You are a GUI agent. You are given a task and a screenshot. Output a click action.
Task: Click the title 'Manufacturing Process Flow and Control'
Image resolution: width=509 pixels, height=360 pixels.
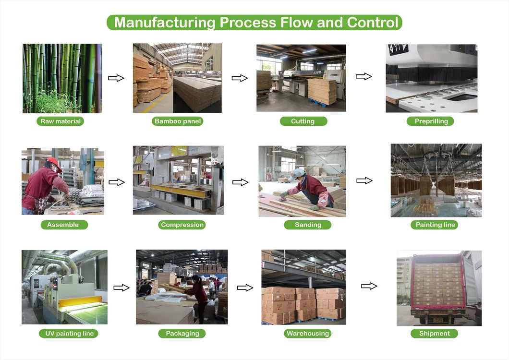(x=254, y=23)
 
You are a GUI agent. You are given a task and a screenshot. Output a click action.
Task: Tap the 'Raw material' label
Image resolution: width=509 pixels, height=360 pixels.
(x=61, y=121)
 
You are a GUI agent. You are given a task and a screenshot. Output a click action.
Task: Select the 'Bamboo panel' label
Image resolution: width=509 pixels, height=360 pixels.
(x=178, y=121)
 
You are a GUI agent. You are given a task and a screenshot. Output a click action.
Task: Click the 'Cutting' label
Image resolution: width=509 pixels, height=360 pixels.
(x=303, y=121)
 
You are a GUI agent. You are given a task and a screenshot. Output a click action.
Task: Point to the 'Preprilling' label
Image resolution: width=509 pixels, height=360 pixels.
(x=431, y=121)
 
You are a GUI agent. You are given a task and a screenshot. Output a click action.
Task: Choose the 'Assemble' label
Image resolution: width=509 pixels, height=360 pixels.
(x=63, y=225)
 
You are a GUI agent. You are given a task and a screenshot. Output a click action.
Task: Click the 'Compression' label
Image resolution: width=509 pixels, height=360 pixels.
(x=182, y=225)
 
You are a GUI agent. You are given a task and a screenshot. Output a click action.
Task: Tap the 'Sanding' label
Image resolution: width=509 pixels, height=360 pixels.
(x=308, y=225)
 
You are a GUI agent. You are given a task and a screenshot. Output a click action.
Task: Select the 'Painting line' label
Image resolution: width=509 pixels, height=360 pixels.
(x=435, y=225)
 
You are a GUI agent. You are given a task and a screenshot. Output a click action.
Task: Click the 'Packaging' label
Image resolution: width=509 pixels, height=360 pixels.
(x=182, y=333)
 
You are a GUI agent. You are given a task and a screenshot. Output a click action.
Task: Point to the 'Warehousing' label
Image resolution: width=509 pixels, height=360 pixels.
(x=307, y=333)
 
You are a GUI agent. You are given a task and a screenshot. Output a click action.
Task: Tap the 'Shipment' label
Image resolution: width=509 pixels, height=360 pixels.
(x=435, y=333)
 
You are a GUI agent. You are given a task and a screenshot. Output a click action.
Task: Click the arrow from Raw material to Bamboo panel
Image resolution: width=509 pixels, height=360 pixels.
(x=116, y=78)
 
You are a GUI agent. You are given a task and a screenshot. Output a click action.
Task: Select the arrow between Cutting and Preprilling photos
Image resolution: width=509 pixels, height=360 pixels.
(x=364, y=76)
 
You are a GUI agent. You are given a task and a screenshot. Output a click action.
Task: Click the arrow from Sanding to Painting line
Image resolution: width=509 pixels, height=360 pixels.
(x=364, y=180)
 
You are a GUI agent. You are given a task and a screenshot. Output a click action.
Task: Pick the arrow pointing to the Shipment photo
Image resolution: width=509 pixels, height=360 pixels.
(x=369, y=286)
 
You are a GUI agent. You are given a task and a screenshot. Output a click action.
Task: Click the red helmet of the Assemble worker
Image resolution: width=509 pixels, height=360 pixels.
(x=52, y=161)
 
